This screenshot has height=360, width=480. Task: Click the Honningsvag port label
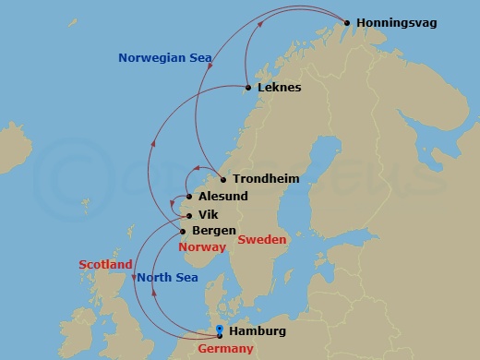[x=397, y=22]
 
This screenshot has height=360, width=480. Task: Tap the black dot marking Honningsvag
[x=347, y=23]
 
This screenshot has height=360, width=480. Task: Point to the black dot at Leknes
[x=247, y=89]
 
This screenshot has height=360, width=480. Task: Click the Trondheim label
[x=266, y=179]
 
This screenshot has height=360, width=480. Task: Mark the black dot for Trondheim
[x=222, y=179]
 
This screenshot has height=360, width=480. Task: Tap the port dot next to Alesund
[x=190, y=197]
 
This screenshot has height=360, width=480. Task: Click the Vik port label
[x=208, y=214]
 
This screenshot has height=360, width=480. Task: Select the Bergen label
[x=213, y=231]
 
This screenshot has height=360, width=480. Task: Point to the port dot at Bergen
[x=183, y=231]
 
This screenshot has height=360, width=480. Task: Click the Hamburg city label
[x=257, y=331]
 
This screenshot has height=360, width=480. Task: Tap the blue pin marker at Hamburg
[x=219, y=330]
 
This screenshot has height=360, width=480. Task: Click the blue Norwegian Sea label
[x=165, y=58]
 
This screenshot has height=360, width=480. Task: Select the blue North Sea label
[x=167, y=277]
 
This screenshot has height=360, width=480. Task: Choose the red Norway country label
[x=202, y=247]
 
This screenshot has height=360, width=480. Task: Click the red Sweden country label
[x=262, y=240]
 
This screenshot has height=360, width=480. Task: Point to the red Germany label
[x=225, y=349]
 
